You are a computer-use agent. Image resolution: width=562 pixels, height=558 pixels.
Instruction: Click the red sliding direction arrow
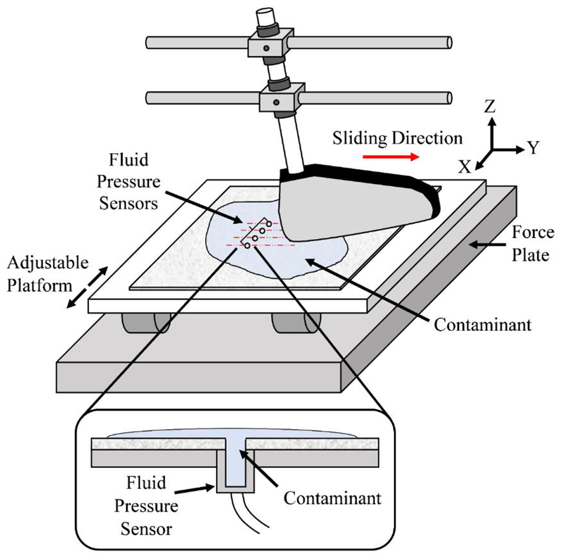390,157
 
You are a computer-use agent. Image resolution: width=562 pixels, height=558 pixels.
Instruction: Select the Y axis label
533,148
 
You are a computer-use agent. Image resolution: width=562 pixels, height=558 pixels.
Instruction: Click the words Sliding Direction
397,138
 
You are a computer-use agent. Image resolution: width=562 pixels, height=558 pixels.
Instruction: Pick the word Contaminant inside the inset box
332,497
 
